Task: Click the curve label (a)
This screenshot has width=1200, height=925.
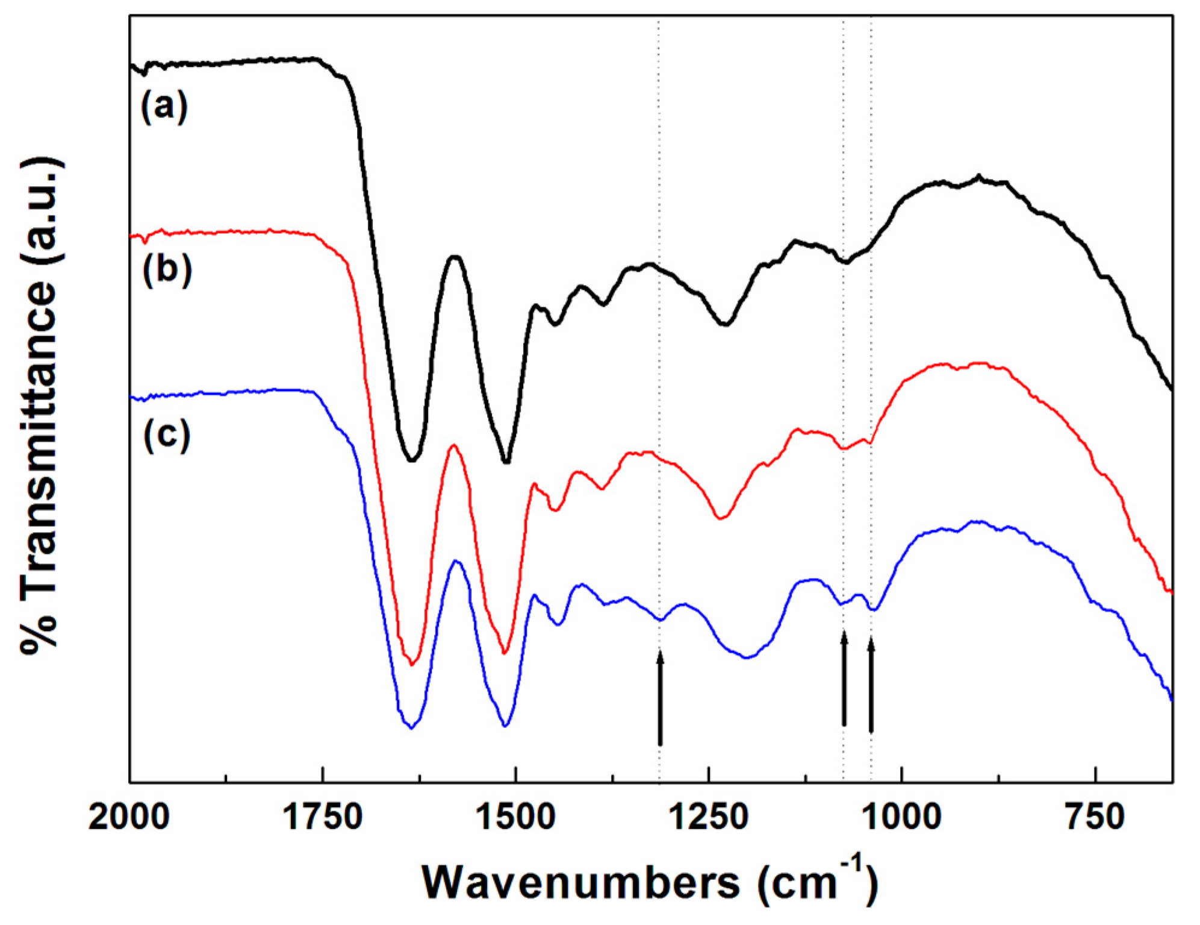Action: coord(164,107)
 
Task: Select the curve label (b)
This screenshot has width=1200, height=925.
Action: coord(167,270)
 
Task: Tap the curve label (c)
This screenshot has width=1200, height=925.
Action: coord(167,435)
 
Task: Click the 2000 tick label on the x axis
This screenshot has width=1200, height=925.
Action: coord(129,818)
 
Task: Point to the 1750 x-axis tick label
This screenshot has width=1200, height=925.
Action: coord(323,818)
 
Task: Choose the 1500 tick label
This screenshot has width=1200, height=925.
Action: coord(516,818)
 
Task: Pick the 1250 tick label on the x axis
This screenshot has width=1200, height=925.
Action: coord(709,818)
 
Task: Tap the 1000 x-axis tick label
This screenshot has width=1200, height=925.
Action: coord(902,818)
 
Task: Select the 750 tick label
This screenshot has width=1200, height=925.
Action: coord(1095,818)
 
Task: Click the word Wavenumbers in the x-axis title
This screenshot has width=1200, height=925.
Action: coord(580,883)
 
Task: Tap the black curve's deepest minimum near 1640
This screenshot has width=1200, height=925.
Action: coord(411,460)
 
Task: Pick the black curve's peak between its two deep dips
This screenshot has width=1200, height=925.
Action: coord(455,257)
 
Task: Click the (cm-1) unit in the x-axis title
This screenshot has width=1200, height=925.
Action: coord(816,882)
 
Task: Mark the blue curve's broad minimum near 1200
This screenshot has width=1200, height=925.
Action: coord(747,657)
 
